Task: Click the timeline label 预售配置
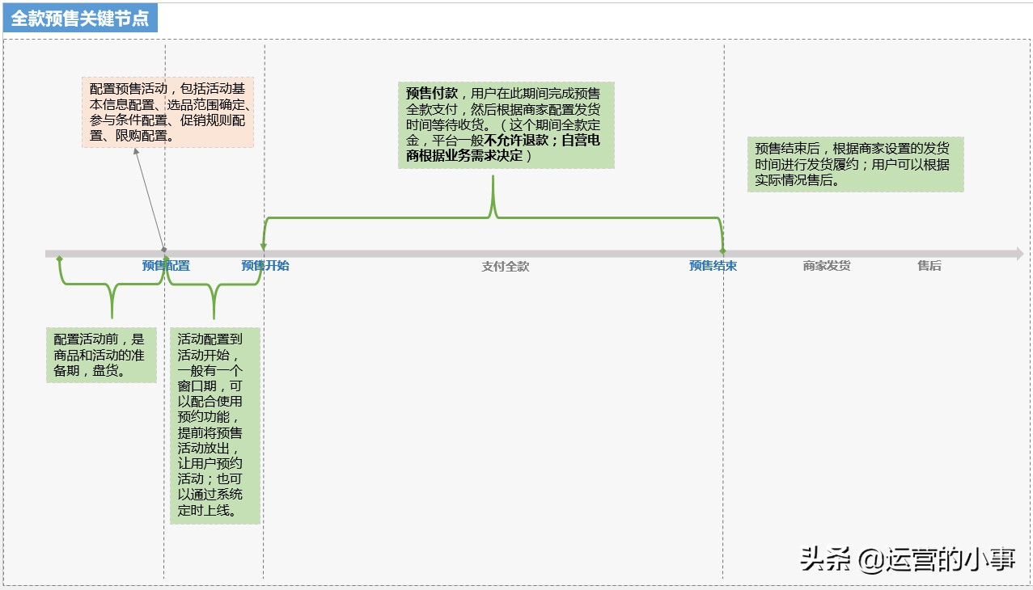(x=166, y=266)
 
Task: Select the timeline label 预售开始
(x=265, y=266)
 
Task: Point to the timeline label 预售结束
(x=713, y=266)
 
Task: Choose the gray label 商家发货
(x=827, y=266)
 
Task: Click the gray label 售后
(x=929, y=266)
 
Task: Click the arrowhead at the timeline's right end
(x=1018, y=254)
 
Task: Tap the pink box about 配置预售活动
(x=167, y=112)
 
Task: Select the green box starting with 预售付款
(x=506, y=124)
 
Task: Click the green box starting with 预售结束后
(x=855, y=164)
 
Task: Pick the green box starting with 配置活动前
(x=101, y=355)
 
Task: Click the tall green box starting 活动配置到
(x=214, y=425)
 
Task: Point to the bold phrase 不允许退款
(x=516, y=140)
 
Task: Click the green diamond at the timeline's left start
(x=59, y=259)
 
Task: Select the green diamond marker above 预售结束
(x=722, y=251)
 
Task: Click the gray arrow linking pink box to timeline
(x=149, y=198)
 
